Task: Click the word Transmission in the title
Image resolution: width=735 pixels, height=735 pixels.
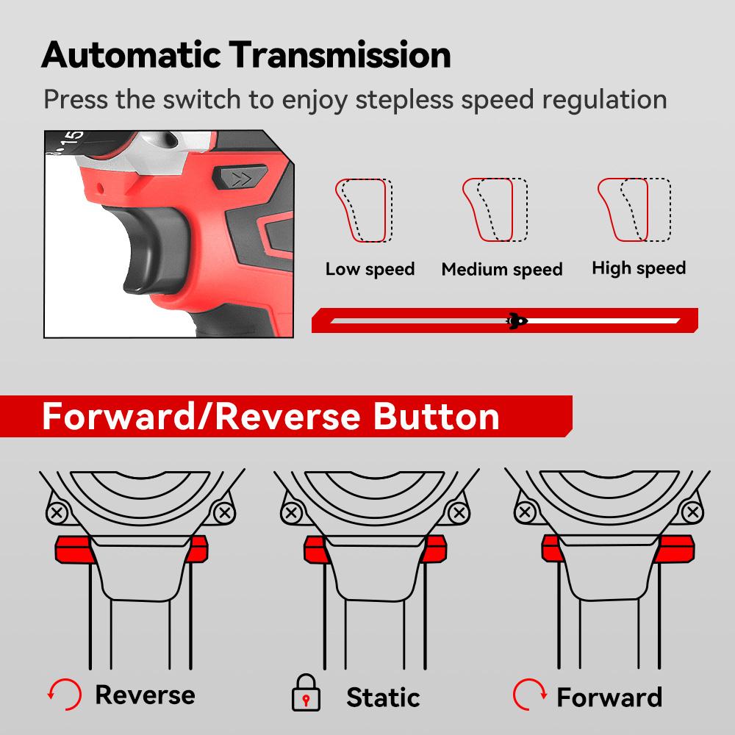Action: click(340, 55)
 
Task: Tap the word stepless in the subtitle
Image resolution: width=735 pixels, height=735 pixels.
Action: click(404, 100)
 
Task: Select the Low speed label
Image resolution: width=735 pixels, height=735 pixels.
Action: click(370, 270)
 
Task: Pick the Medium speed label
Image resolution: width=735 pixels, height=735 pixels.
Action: click(502, 270)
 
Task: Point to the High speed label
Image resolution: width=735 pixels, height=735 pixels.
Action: click(639, 268)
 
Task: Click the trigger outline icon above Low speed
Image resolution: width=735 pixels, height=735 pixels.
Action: click(364, 210)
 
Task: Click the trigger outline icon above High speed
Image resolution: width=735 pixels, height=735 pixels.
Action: click(634, 209)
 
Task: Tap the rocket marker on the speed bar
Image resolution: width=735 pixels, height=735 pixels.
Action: click(517, 320)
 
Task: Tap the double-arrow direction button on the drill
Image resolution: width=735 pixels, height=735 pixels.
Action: click(240, 178)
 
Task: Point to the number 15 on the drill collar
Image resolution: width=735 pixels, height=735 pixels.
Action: click(73, 140)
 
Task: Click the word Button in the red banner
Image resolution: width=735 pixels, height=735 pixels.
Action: click(436, 416)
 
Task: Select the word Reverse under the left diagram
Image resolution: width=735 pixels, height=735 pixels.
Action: click(146, 695)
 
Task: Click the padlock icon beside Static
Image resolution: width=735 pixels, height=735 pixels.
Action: click(306, 693)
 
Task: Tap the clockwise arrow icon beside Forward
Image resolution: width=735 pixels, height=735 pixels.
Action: click(529, 695)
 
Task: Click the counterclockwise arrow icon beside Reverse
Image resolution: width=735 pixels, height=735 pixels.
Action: click(65, 695)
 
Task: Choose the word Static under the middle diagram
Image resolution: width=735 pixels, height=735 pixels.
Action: click(383, 698)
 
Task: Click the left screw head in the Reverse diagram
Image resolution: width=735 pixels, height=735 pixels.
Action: click(57, 512)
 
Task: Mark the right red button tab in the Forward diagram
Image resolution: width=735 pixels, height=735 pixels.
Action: click(675, 548)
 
